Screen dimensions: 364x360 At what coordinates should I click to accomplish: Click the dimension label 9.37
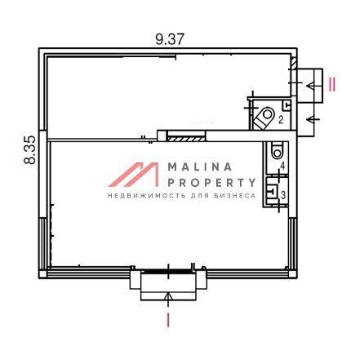tap(170, 39)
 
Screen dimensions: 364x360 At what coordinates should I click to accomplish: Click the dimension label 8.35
tap(29, 149)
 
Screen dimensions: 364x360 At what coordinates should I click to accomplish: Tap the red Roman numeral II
tap(332, 84)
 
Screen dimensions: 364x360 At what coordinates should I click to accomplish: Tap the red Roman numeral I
tap(168, 320)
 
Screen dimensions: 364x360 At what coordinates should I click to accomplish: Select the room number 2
tap(281, 119)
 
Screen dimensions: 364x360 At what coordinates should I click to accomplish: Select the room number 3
tap(283, 195)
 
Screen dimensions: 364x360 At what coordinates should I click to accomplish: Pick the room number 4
tap(282, 166)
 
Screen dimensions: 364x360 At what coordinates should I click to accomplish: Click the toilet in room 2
tap(264, 118)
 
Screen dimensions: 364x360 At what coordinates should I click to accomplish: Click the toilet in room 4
tap(277, 150)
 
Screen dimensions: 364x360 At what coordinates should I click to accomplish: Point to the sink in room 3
tap(272, 190)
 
